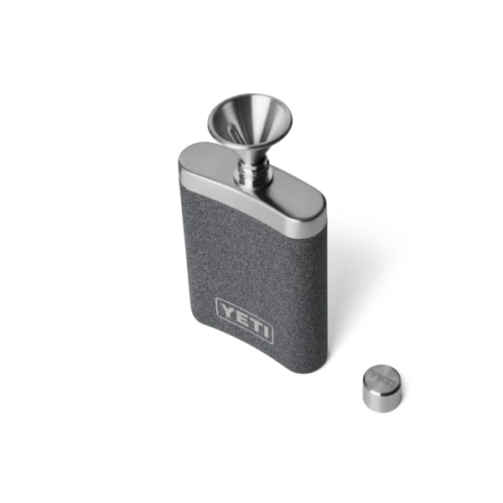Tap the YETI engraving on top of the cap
[x=382, y=375]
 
